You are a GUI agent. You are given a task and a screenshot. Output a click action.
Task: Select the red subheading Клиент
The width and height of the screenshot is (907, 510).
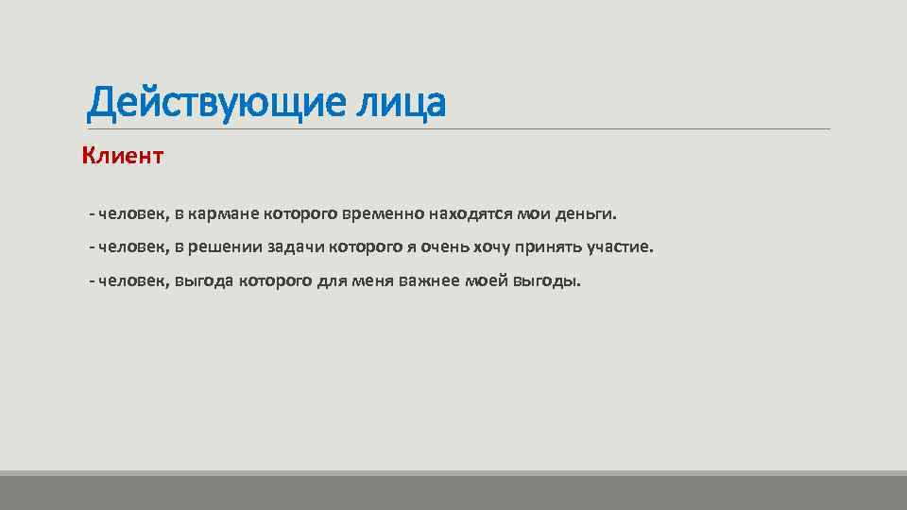(123, 155)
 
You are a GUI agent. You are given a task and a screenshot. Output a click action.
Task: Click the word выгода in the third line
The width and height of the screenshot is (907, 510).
(205, 281)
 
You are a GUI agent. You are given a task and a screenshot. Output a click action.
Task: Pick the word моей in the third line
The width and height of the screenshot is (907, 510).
(487, 281)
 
